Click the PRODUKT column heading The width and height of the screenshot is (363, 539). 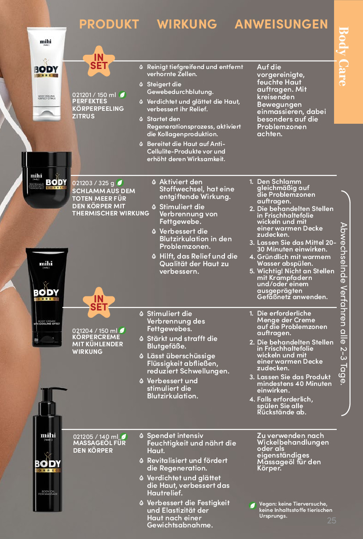point(109,24)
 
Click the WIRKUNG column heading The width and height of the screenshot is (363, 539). point(187,24)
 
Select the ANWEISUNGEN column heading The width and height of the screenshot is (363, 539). point(281,24)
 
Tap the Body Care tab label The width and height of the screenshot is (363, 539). point(343,57)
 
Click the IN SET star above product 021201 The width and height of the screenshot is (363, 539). point(99,61)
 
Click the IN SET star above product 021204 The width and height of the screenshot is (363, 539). point(99,303)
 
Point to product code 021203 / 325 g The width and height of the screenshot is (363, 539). point(93,183)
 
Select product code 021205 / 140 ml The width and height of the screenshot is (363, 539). point(96,437)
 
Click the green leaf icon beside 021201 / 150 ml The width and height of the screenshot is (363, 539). point(122,95)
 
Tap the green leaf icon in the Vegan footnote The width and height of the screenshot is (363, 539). point(253,505)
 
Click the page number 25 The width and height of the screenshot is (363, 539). point(331,520)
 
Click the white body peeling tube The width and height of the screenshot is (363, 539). point(46,74)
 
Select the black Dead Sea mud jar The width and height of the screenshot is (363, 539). point(46,180)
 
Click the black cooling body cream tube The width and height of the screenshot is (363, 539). point(47,297)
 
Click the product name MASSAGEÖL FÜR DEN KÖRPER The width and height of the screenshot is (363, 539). point(99,446)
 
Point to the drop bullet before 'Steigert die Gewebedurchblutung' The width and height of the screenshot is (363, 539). point(141,85)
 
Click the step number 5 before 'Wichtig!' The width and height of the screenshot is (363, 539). point(252,271)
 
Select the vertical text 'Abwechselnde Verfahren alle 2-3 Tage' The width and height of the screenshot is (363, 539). point(343,303)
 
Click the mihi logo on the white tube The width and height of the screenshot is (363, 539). point(45,42)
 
